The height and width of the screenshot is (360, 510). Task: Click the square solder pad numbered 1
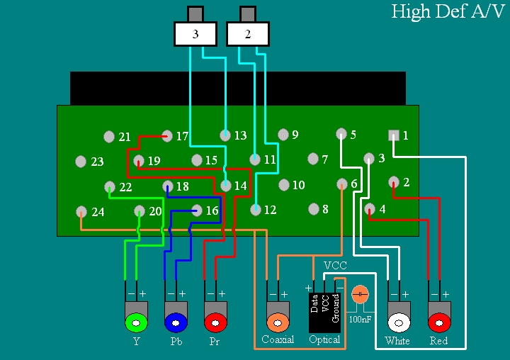pyautogui.click(x=394, y=135)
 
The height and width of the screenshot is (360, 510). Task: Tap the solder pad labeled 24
pyautogui.click(x=81, y=211)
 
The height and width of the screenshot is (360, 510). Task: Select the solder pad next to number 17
pyautogui.click(x=167, y=135)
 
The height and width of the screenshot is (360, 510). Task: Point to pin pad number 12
pyautogui.click(x=255, y=209)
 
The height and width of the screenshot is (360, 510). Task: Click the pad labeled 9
pyautogui.click(x=283, y=134)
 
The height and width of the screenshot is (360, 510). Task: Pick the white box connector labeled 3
pyautogui.click(x=195, y=33)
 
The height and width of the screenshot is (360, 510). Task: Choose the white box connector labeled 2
pyautogui.click(x=248, y=33)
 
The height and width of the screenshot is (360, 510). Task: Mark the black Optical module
pyautogui.click(x=325, y=312)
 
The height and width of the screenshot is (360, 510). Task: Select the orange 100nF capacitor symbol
pyautogui.click(x=361, y=293)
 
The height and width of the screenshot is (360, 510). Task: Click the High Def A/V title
pyautogui.click(x=448, y=12)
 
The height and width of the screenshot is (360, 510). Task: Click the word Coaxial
pyautogui.click(x=278, y=340)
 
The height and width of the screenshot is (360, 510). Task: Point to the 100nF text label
pyautogui.click(x=361, y=319)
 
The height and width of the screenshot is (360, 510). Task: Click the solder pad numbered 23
pyautogui.click(x=80, y=161)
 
